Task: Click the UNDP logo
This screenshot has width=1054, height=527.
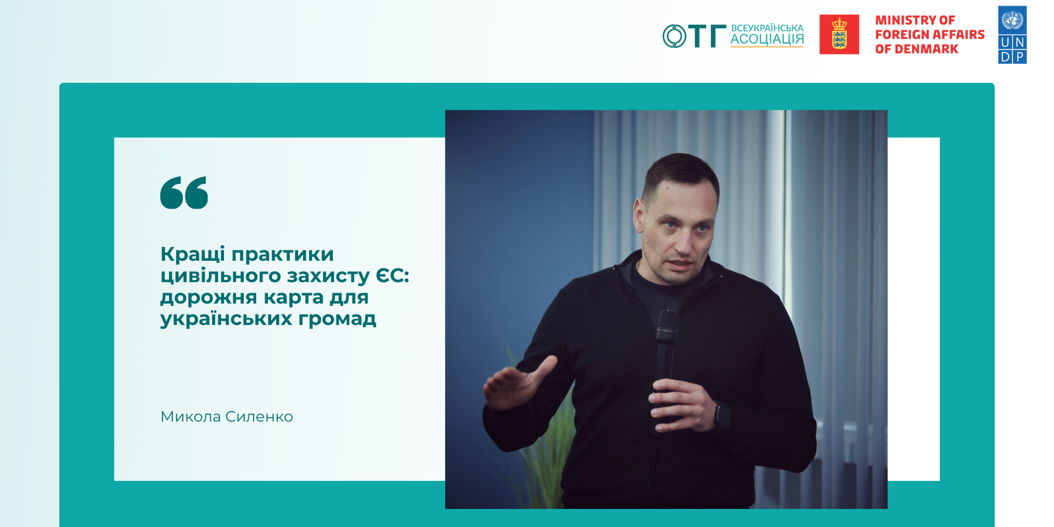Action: (1012, 35)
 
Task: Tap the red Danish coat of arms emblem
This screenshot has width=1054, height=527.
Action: (839, 34)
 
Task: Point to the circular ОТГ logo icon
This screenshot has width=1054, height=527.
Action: (674, 36)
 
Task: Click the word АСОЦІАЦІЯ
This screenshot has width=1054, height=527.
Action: (767, 40)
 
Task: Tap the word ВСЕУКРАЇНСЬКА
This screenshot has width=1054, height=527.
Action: (767, 27)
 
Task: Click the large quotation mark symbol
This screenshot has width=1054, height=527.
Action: (184, 193)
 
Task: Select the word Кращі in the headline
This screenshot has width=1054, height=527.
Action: (193, 254)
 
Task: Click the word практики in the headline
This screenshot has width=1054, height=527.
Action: (283, 256)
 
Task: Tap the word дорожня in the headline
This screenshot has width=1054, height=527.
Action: (209, 298)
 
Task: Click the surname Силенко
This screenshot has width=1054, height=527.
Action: (259, 417)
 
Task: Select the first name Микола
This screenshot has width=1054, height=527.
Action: (190, 417)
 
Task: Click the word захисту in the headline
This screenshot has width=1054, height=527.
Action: (328, 277)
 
